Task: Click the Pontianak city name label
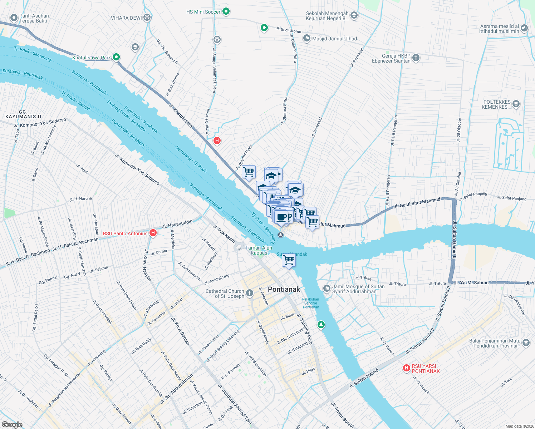[284, 289]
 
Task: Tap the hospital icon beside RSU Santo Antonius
[153, 233]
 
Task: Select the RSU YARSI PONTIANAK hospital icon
[406, 368]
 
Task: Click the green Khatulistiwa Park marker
[116, 57]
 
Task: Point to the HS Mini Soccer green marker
[226, 11]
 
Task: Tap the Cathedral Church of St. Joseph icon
[250, 293]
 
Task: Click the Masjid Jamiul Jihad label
[334, 39]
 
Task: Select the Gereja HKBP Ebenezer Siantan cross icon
[416, 58]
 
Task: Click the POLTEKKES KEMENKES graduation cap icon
[516, 104]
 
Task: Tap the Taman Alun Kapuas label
[259, 250]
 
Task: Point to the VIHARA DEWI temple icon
[147, 18]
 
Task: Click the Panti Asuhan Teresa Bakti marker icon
[14, 18]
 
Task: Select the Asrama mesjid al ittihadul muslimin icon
[524, 28]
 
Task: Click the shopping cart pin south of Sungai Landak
[289, 260]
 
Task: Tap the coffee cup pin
[281, 217]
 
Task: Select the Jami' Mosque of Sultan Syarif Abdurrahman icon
[327, 288]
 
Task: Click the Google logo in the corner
[12, 424]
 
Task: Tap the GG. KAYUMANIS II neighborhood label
[23, 114]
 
